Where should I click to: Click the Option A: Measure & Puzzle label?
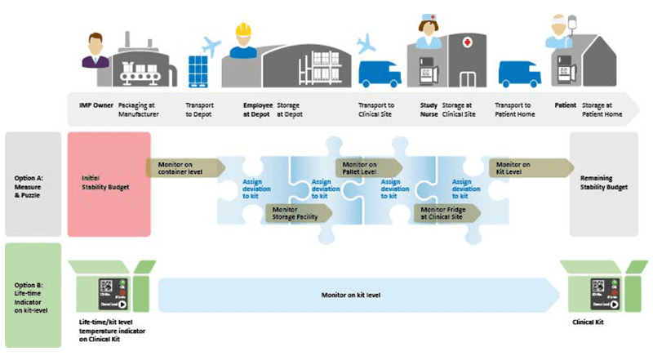point(32,183)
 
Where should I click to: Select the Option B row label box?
point(32,294)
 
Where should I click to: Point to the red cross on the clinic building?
point(466,42)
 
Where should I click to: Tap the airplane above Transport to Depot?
point(211,47)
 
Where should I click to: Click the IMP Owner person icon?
point(95,50)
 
